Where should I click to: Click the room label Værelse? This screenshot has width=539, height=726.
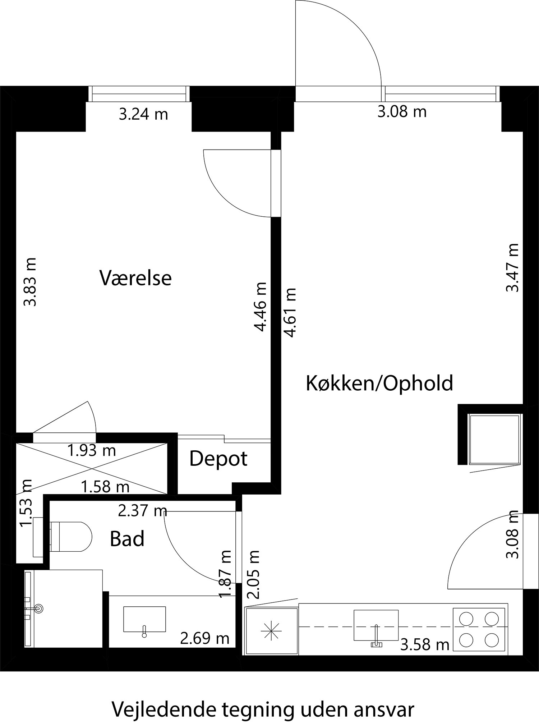pos(135,278)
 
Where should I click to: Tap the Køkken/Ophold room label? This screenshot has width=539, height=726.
pos(379,383)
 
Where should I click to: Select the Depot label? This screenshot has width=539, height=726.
pos(218,459)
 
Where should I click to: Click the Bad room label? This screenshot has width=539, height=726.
pos(127,539)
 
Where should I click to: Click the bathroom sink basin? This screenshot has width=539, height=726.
pos(144,619)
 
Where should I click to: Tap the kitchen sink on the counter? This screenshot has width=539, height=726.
pos(376,625)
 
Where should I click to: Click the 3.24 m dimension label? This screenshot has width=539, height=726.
pos(143,115)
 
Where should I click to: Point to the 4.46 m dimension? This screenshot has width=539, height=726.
pos(260,307)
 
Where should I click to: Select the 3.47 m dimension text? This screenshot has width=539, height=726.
pos(512,268)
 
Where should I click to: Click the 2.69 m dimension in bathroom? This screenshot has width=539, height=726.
pos(204,638)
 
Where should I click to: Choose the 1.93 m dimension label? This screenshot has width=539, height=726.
pos(92,450)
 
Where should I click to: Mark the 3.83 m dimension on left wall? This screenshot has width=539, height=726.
pos(30,281)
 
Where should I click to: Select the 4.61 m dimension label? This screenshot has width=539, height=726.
pos(291,312)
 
